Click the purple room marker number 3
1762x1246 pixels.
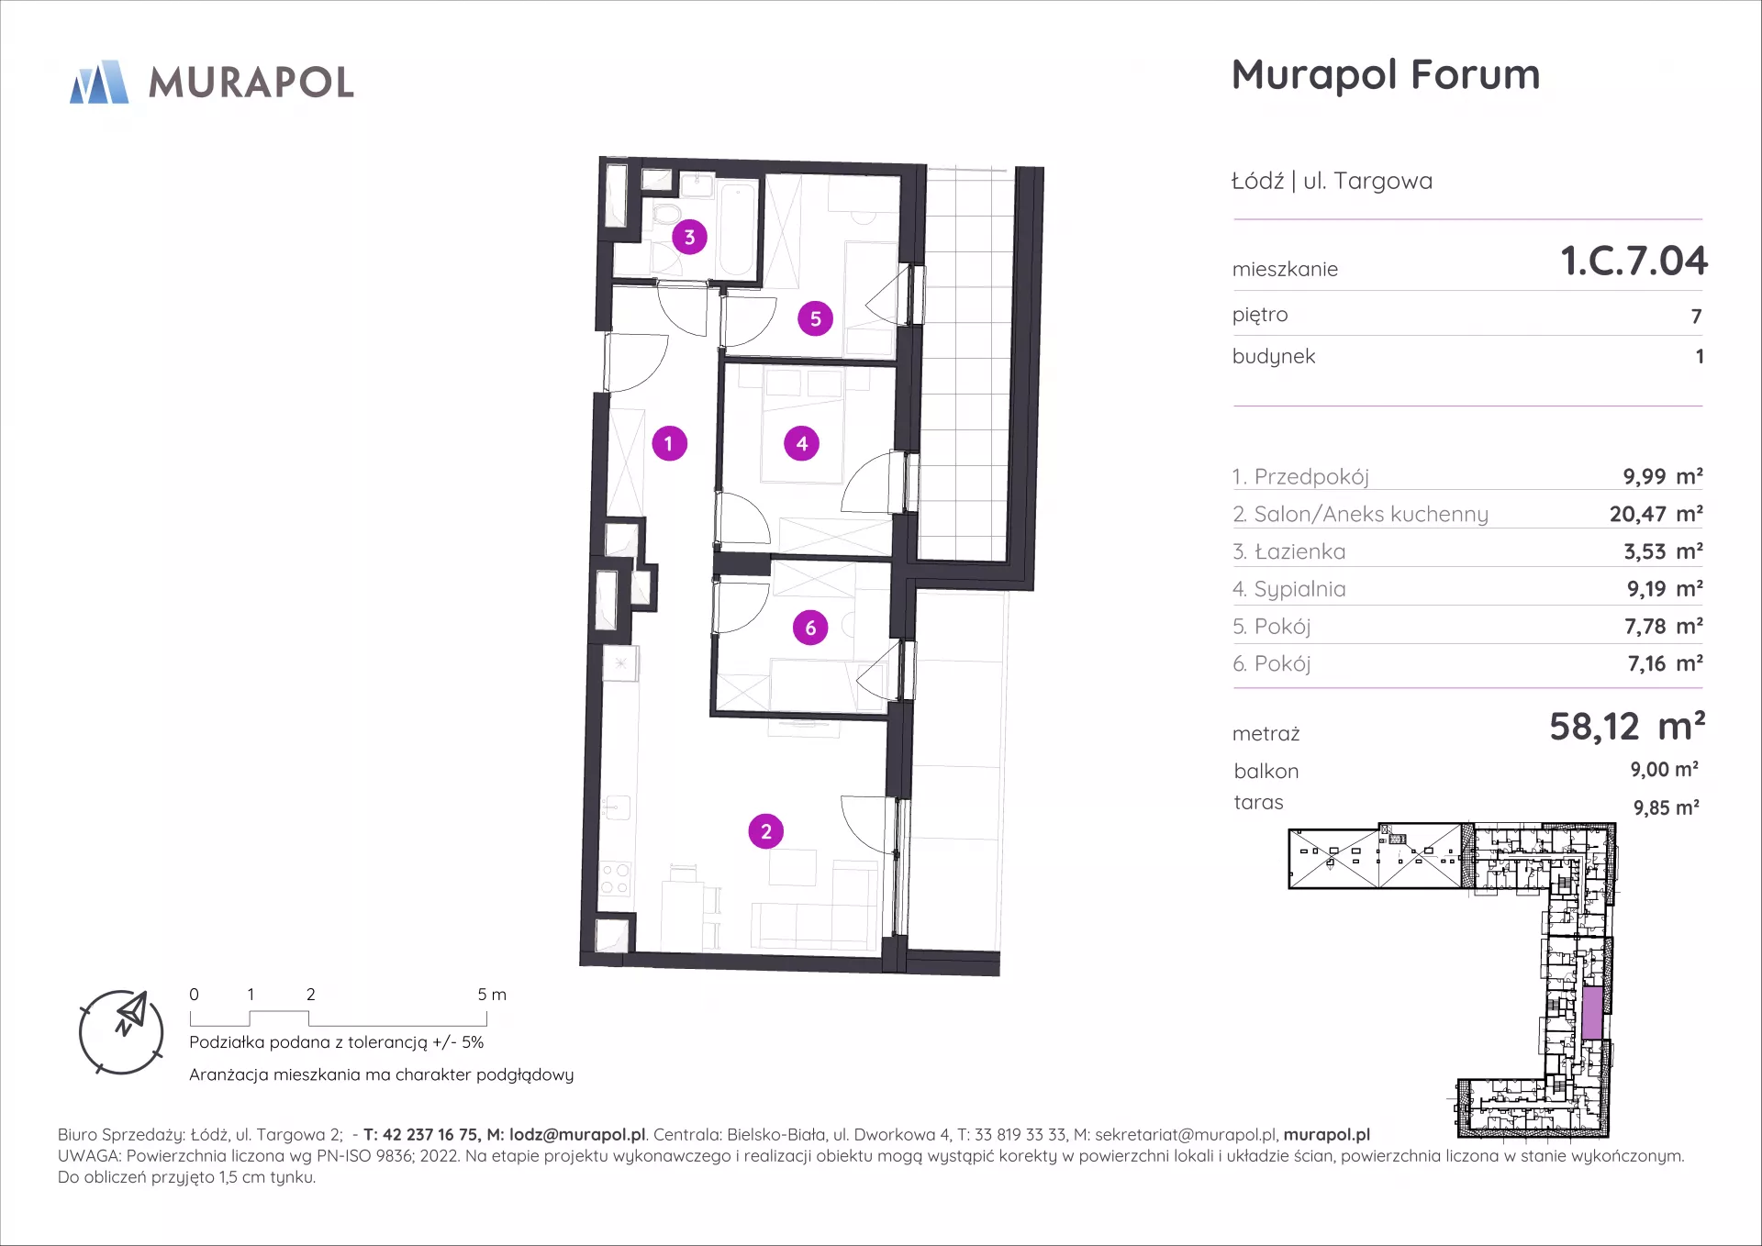[689, 237]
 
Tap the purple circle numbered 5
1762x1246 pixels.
[815, 318]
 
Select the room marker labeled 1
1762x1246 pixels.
[669, 444]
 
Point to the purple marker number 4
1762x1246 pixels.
[801, 444]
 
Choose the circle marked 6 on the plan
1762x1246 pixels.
[810, 628]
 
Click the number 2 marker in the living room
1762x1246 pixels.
[766, 831]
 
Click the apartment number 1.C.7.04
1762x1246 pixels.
[1634, 261]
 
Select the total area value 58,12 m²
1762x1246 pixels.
[1627, 727]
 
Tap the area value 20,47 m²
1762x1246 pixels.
[1656, 514]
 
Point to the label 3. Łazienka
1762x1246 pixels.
[1288, 551]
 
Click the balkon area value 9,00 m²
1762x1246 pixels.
[1664, 770]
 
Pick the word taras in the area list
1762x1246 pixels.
[1258, 803]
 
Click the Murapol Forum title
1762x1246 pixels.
[1385, 74]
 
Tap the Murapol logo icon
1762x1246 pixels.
[100, 82]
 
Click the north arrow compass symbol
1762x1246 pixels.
[122, 1032]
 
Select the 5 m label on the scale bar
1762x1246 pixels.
[492, 995]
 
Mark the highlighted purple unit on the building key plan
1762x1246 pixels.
[1592, 1013]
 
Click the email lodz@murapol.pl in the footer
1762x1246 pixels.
[577, 1135]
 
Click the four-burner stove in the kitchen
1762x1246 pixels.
[615, 878]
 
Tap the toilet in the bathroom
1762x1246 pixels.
[664, 215]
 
